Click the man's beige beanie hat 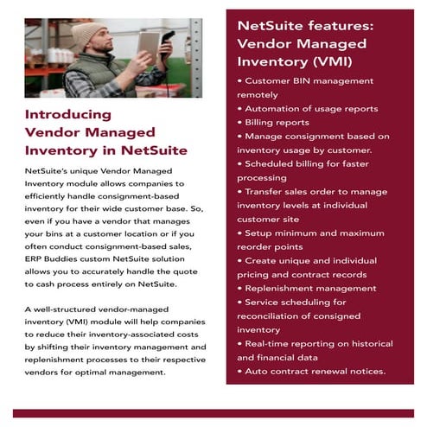[x=88, y=34]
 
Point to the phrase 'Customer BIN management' [x=309, y=80]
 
